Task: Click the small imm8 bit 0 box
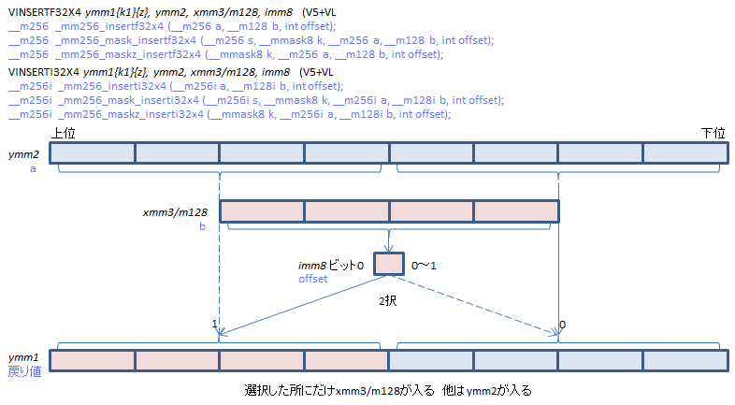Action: pos(388,264)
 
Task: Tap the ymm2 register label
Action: pos(23,153)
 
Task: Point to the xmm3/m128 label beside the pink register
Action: pos(175,212)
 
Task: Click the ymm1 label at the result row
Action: pos(23,358)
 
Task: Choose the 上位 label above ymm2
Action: pos(64,134)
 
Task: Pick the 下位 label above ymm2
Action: pos(713,134)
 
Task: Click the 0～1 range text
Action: pos(424,266)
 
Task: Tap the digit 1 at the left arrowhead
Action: pos(215,324)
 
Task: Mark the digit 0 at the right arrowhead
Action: pos(561,324)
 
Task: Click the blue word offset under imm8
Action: pos(313,279)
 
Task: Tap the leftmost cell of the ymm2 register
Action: pos(93,153)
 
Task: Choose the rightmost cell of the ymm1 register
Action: pos(685,359)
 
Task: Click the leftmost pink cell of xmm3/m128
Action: pos(262,212)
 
